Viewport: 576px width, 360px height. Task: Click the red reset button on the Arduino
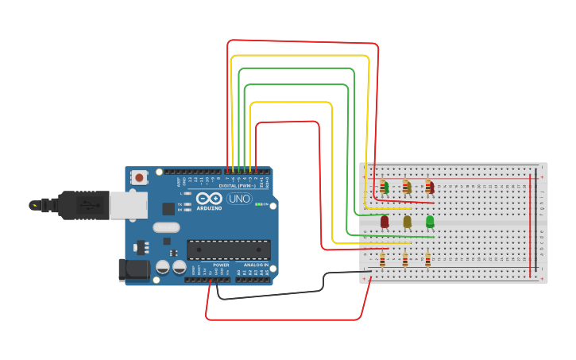coord(139,177)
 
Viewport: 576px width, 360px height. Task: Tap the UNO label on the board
coord(238,199)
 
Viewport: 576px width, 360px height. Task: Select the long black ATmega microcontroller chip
coord(228,250)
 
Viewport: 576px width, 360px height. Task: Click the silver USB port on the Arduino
coord(127,205)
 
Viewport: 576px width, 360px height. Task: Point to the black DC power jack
coord(133,270)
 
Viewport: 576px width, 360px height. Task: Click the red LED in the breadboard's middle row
coord(385,222)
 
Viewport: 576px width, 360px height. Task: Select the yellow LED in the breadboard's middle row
coord(408,222)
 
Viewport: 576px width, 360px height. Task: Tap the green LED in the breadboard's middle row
coord(430,222)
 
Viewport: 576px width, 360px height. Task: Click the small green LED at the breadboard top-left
coord(385,187)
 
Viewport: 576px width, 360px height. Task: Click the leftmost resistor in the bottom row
coord(382,260)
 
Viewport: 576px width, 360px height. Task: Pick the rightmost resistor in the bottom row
coord(427,260)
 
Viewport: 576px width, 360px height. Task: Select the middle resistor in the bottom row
coord(405,260)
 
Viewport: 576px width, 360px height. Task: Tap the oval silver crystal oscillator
coord(167,227)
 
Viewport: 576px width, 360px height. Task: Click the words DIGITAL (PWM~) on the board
coord(237,186)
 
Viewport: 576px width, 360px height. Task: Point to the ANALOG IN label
coord(255,264)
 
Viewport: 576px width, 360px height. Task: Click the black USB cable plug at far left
coord(68,205)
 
